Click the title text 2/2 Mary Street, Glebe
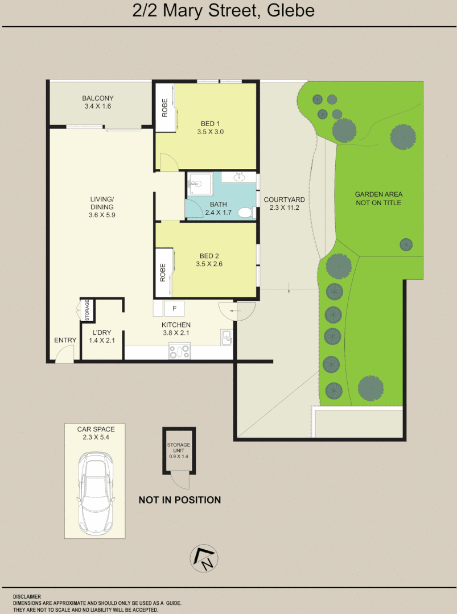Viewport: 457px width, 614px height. (223, 11)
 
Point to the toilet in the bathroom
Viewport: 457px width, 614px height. (245, 213)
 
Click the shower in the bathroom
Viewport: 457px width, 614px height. (197, 184)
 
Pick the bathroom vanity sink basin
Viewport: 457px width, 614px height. (239, 177)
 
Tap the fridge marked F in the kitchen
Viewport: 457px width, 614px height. (175, 308)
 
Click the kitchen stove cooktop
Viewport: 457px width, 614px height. (179, 352)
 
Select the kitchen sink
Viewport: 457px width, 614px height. (227, 338)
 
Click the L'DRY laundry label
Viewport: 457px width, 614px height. (102, 333)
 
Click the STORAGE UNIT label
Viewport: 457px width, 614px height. (179, 449)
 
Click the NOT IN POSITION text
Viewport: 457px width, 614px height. (180, 500)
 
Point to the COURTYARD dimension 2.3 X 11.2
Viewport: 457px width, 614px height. (284, 208)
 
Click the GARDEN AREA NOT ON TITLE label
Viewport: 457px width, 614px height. (378, 198)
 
